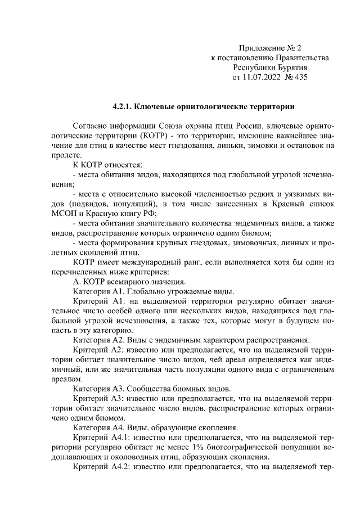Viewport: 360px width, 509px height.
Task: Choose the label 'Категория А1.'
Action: pos(99,291)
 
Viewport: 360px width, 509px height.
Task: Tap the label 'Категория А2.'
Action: pos(99,339)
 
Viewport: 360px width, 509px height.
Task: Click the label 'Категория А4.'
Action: pos(99,427)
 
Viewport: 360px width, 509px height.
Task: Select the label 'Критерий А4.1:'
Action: pos(101,436)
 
